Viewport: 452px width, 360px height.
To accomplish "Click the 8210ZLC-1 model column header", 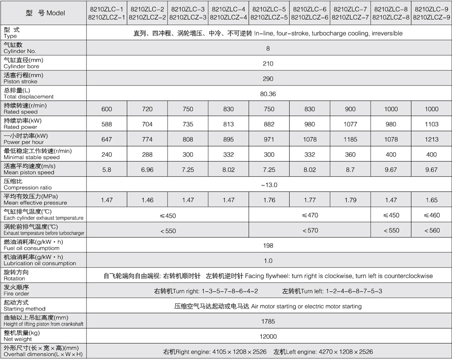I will [x=107, y=13].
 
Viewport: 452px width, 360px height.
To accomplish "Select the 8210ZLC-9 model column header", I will [x=432, y=13].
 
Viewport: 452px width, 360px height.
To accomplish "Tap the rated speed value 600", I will [x=107, y=109].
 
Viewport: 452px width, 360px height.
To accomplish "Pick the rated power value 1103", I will [x=432, y=124].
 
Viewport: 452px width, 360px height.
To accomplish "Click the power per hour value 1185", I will [x=350, y=140].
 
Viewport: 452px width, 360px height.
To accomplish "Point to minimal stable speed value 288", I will [x=147, y=154].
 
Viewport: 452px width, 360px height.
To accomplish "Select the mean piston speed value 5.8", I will [x=107, y=169].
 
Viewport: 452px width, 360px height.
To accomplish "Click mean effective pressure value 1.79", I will [x=350, y=200].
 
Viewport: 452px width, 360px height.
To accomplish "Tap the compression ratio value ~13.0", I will [x=268, y=185].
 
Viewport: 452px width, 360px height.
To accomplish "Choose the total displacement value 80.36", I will [x=268, y=94].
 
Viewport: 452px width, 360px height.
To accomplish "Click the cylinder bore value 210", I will [x=268, y=64].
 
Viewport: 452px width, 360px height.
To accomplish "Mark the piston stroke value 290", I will [x=268, y=79].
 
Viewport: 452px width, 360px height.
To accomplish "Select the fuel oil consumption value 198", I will [x=268, y=245].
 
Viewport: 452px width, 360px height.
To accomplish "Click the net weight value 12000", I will [x=268, y=337].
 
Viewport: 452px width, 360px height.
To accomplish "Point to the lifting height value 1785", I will [x=268, y=321].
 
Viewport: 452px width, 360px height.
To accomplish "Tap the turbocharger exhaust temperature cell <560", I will [x=432, y=230].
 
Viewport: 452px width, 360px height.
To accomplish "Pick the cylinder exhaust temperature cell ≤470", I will [x=310, y=215].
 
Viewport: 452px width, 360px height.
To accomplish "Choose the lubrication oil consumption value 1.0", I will [x=268, y=261].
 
